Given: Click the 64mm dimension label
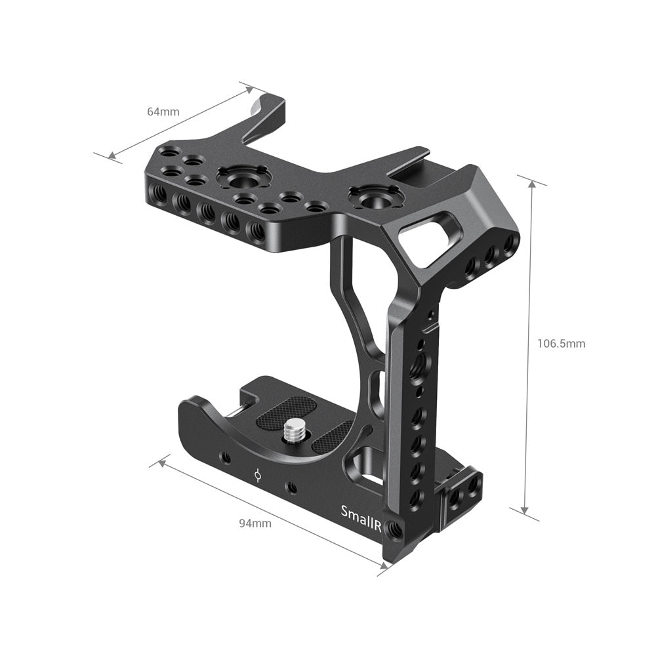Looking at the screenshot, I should pyautogui.click(x=163, y=112).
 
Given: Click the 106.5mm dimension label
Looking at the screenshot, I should pyautogui.click(x=561, y=343).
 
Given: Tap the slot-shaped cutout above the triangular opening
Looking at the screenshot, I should pyautogui.click(x=427, y=229).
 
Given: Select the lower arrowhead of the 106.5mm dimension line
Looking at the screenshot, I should pyautogui.click(x=524, y=510).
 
